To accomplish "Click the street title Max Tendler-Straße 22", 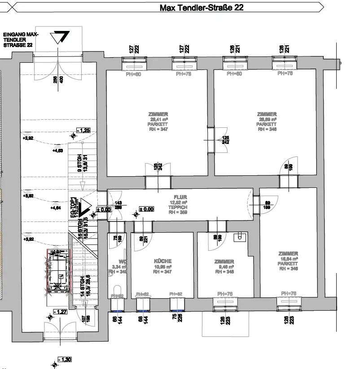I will [x=202, y=8].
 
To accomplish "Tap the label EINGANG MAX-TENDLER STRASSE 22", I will [x=21, y=40].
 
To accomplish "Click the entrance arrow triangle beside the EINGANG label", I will [x=59, y=38].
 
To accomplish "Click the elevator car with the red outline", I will [x=57, y=272].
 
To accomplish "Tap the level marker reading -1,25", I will [x=83, y=130].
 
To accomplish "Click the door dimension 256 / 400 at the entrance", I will [x=58, y=83].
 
